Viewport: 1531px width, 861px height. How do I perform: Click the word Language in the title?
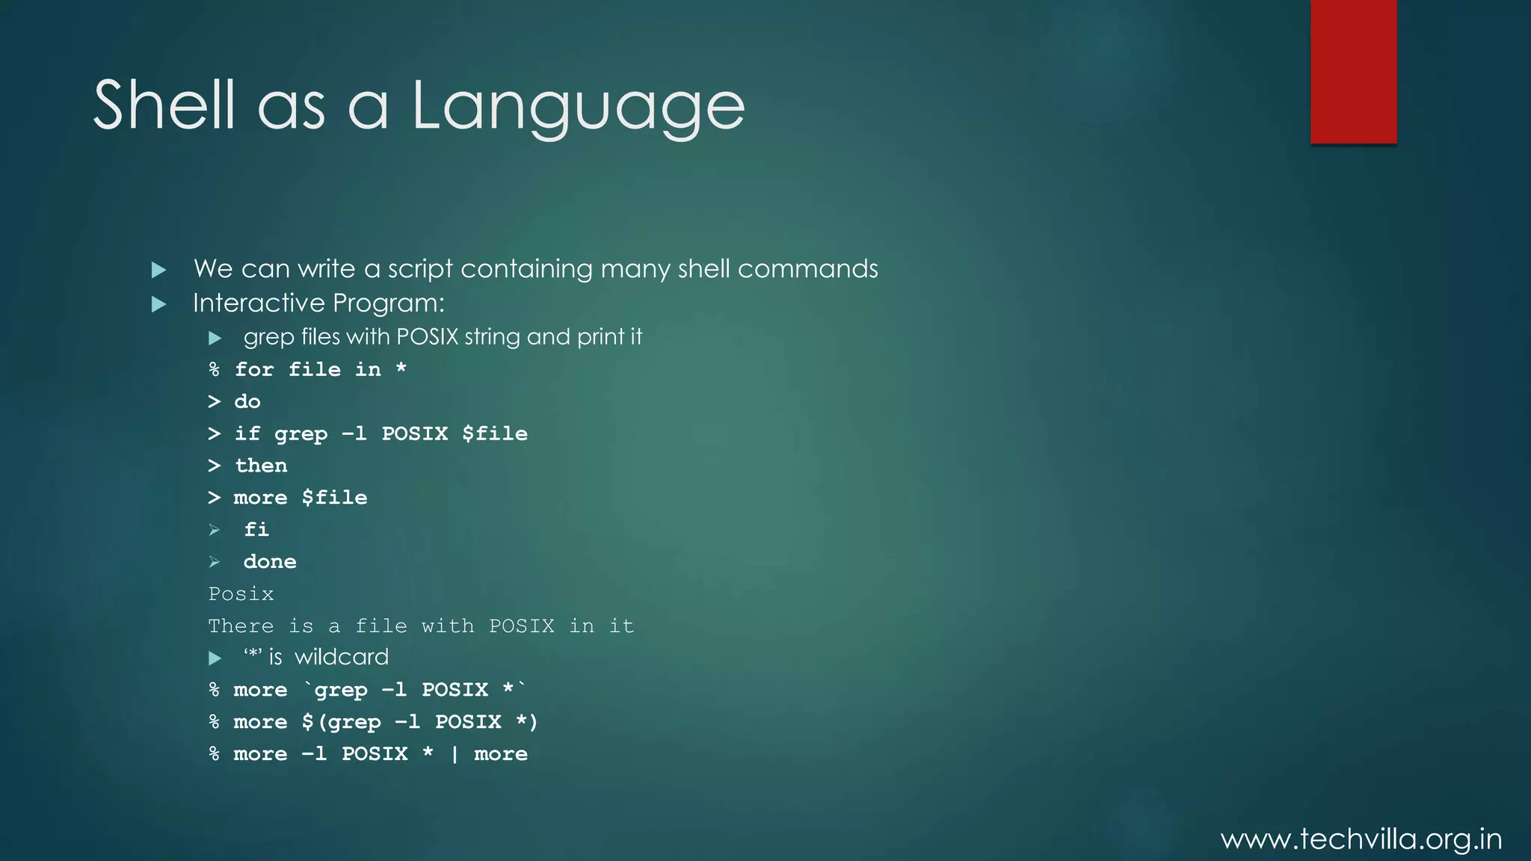[x=579, y=106]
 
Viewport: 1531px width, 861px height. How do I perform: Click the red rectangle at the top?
[x=1353, y=72]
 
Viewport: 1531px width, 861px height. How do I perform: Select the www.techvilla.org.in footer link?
[x=1361, y=839]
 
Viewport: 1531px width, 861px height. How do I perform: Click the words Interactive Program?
[x=318, y=303]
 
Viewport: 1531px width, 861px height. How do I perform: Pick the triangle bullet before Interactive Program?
[x=158, y=304]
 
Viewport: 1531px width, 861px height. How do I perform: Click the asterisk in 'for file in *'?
[x=401, y=368]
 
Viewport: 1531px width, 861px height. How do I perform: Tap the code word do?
[x=247, y=402]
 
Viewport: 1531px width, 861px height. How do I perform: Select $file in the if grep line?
[x=495, y=433]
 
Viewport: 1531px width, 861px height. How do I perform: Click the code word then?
[x=261, y=466]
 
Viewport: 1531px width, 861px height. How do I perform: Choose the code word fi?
[x=256, y=530]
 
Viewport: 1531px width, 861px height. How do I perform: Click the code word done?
[x=270, y=562]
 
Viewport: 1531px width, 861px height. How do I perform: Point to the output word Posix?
[x=241, y=594]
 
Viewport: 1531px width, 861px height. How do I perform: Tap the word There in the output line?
[x=241, y=626]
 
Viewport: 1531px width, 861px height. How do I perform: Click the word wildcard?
[x=342, y=657]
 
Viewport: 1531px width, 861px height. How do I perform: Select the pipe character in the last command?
[x=455, y=754]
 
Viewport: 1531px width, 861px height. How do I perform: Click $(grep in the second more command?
[x=342, y=722]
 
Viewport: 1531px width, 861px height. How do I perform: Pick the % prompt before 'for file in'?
[x=215, y=369]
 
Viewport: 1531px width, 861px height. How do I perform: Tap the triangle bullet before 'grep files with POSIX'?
[x=215, y=339]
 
